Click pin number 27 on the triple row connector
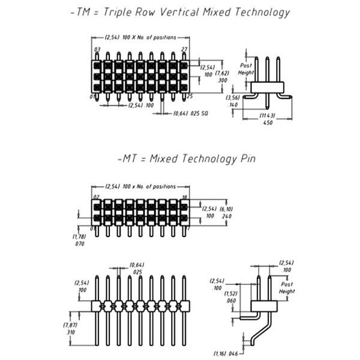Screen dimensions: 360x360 click(x=184, y=49)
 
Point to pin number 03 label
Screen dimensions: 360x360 click(x=97, y=49)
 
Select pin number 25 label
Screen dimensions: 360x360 click(x=190, y=96)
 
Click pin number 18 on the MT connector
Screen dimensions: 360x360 click(x=184, y=196)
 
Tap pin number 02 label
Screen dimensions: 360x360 click(x=96, y=196)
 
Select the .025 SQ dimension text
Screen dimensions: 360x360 click(x=199, y=113)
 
